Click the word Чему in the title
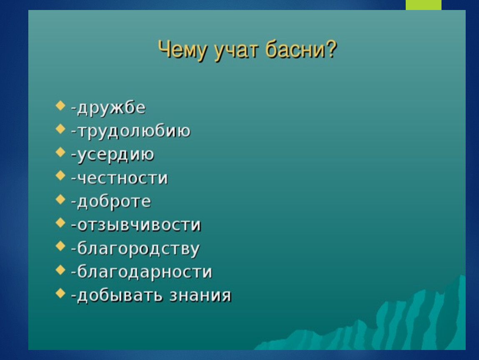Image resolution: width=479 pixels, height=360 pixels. (182, 50)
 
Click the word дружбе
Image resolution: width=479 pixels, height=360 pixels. (111, 108)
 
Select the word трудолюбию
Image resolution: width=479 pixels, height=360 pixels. (134, 131)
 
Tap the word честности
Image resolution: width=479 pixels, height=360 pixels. (122, 178)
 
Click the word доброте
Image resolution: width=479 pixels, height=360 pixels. (114, 202)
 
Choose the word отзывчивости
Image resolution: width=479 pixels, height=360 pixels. (139, 225)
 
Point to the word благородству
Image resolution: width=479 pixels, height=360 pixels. (138, 248)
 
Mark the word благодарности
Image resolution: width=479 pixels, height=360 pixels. (145, 272)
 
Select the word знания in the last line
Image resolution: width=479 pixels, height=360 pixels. (200, 296)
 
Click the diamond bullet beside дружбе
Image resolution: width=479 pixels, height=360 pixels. (60, 105)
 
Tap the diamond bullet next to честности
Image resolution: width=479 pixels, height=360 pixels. (60, 176)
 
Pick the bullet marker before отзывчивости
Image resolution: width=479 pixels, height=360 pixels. (60, 223)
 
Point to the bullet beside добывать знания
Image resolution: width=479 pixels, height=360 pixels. (60, 293)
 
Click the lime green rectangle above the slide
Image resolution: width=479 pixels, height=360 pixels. (424, 5)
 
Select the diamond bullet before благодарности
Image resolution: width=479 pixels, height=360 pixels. (60, 270)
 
